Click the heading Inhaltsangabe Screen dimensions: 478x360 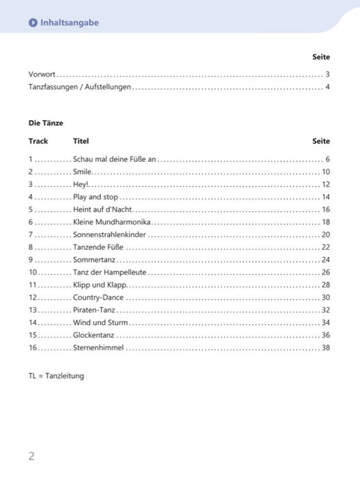coord(69,23)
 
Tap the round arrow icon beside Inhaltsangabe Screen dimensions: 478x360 coord(33,23)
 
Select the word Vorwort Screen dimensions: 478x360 coord(42,74)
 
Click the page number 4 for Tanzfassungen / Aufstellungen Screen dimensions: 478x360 coord(328,87)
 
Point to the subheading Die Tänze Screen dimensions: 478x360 coord(46,123)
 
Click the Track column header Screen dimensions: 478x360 coord(38,141)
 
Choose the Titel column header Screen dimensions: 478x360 coord(81,141)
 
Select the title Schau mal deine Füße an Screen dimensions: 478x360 coord(115,159)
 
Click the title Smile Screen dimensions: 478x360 coord(82,172)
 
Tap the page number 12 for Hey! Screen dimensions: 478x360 coord(326,184)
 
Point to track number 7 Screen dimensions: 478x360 coord(31,234)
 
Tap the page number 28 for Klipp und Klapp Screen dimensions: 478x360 coord(326,285)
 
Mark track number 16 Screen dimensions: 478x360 coord(33,348)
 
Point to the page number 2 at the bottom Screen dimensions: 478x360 coord(31,456)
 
